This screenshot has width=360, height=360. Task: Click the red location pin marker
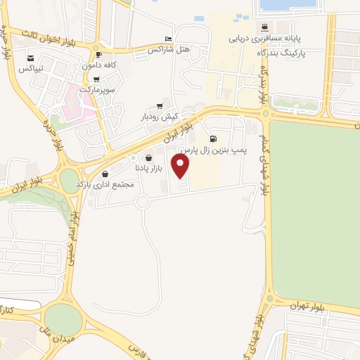pyautogui.click(x=181, y=167)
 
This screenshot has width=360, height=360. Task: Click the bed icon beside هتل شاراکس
pyautogui.click(x=167, y=39)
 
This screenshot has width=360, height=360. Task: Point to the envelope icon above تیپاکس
pyautogui.click(x=31, y=58)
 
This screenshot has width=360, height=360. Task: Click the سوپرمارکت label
pyautogui.click(x=96, y=90)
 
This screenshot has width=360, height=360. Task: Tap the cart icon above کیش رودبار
pyautogui.click(x=160, y=105)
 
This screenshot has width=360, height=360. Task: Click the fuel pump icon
pyautogui.click(x=212, y=139)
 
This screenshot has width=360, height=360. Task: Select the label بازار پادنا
pyautogui.click(x=148, y=169)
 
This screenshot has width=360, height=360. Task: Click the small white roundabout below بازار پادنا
pyautogui.click(x=143, y=203)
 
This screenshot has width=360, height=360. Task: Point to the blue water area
pyautogui.click(x=288, y=5)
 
